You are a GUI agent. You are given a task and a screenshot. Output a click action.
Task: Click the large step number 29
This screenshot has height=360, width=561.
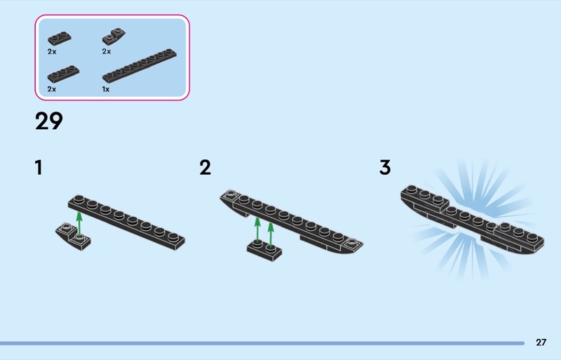point(49,121)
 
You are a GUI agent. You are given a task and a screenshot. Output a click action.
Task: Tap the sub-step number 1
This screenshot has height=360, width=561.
point(39,168)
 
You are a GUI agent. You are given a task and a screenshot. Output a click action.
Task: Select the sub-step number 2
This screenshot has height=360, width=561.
point(205,168)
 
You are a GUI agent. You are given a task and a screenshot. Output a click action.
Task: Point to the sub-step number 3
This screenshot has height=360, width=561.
point(385,168)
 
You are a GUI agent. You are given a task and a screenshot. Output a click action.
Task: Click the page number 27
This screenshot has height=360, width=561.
point(541,342)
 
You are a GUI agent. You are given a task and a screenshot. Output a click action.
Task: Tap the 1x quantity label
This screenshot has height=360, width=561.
point(106,90)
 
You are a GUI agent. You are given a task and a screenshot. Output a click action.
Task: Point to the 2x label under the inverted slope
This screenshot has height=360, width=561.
point(107,51)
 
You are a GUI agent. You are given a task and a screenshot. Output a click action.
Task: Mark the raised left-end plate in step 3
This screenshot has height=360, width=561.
point(424,198)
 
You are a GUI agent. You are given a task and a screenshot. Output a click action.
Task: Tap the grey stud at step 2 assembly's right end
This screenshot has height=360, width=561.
point(350,244)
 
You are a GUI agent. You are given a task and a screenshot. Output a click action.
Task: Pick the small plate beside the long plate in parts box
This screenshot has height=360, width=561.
point(60,75)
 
